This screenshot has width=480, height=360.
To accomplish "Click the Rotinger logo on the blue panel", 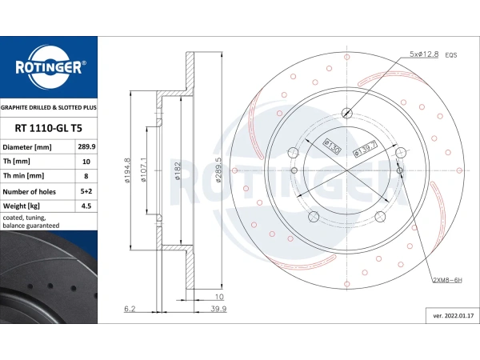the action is [49, 67].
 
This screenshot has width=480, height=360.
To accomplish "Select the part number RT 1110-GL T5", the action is [48, 128].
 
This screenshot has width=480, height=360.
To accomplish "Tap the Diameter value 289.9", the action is [86, 146].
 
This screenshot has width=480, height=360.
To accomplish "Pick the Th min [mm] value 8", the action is [86, 176].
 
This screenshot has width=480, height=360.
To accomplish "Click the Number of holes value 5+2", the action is [86, 191].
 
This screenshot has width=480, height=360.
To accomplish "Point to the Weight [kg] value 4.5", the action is [86, 206].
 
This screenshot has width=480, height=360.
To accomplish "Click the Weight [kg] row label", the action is [22, 206].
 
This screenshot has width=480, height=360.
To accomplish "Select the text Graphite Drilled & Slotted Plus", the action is [49, 108].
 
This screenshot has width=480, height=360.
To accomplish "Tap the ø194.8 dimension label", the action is [127, 170].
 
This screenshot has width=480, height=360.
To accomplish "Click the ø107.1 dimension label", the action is [143, 170].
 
